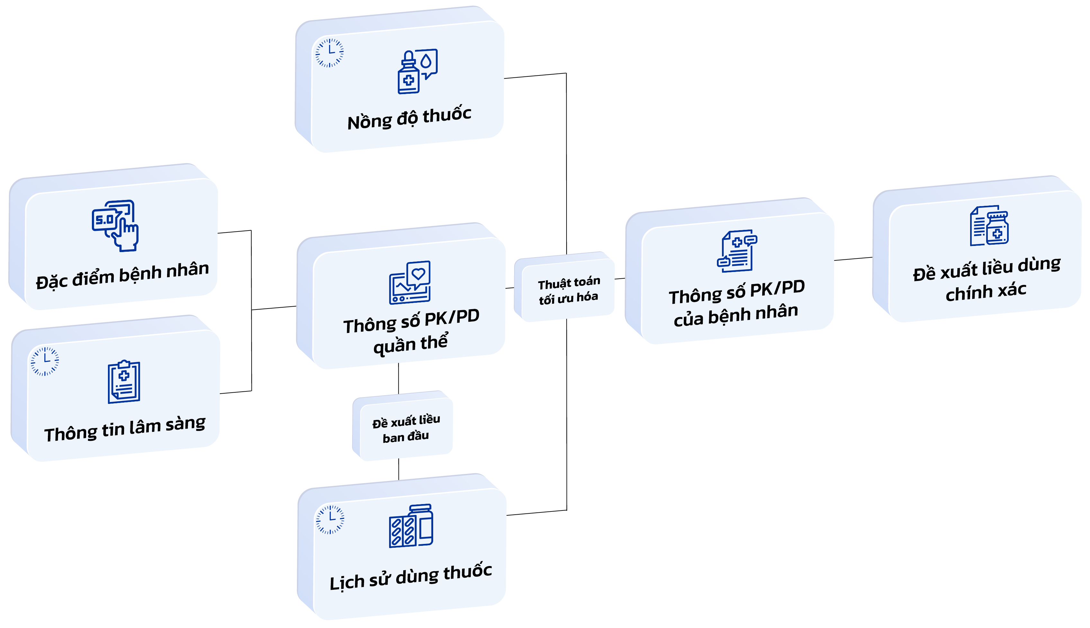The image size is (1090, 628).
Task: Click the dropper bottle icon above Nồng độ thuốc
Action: click(x=417, y=71)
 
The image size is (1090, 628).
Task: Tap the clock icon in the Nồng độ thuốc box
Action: click(x=329, y=53)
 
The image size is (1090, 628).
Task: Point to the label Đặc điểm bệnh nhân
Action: click(x=123, y=275)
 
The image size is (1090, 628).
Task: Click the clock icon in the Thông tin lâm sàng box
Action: click(x=44, y=361)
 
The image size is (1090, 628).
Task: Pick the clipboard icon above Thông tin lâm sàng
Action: click(x=124, y=382)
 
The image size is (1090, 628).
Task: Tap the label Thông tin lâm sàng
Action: click(x=125, y=429)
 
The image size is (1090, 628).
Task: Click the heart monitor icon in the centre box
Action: click(x=410, y=283)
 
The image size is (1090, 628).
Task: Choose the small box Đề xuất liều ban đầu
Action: click(x=406, y=428)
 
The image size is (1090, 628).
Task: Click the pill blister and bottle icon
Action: click(x=411, y=526)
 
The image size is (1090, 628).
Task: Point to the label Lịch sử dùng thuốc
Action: click(x=411, y=576)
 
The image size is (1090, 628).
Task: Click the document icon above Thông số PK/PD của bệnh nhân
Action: click(x=737, y=251)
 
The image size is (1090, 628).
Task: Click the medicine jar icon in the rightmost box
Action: click(x=989, y=226)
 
